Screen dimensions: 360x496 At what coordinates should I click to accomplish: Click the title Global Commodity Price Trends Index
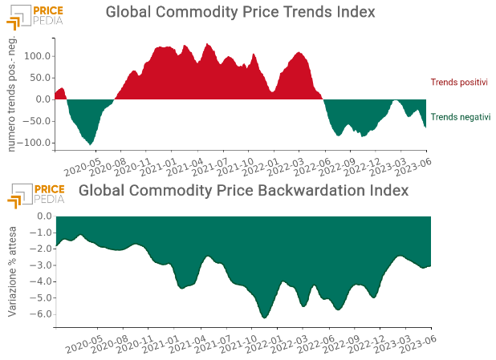241,13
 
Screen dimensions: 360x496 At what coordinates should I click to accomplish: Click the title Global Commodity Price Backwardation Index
244,191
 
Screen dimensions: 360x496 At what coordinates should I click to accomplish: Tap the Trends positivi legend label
459,82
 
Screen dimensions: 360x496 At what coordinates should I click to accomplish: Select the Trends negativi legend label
460,117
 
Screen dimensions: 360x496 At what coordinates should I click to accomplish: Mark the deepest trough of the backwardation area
265,318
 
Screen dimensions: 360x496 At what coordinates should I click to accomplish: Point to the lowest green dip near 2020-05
91,144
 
